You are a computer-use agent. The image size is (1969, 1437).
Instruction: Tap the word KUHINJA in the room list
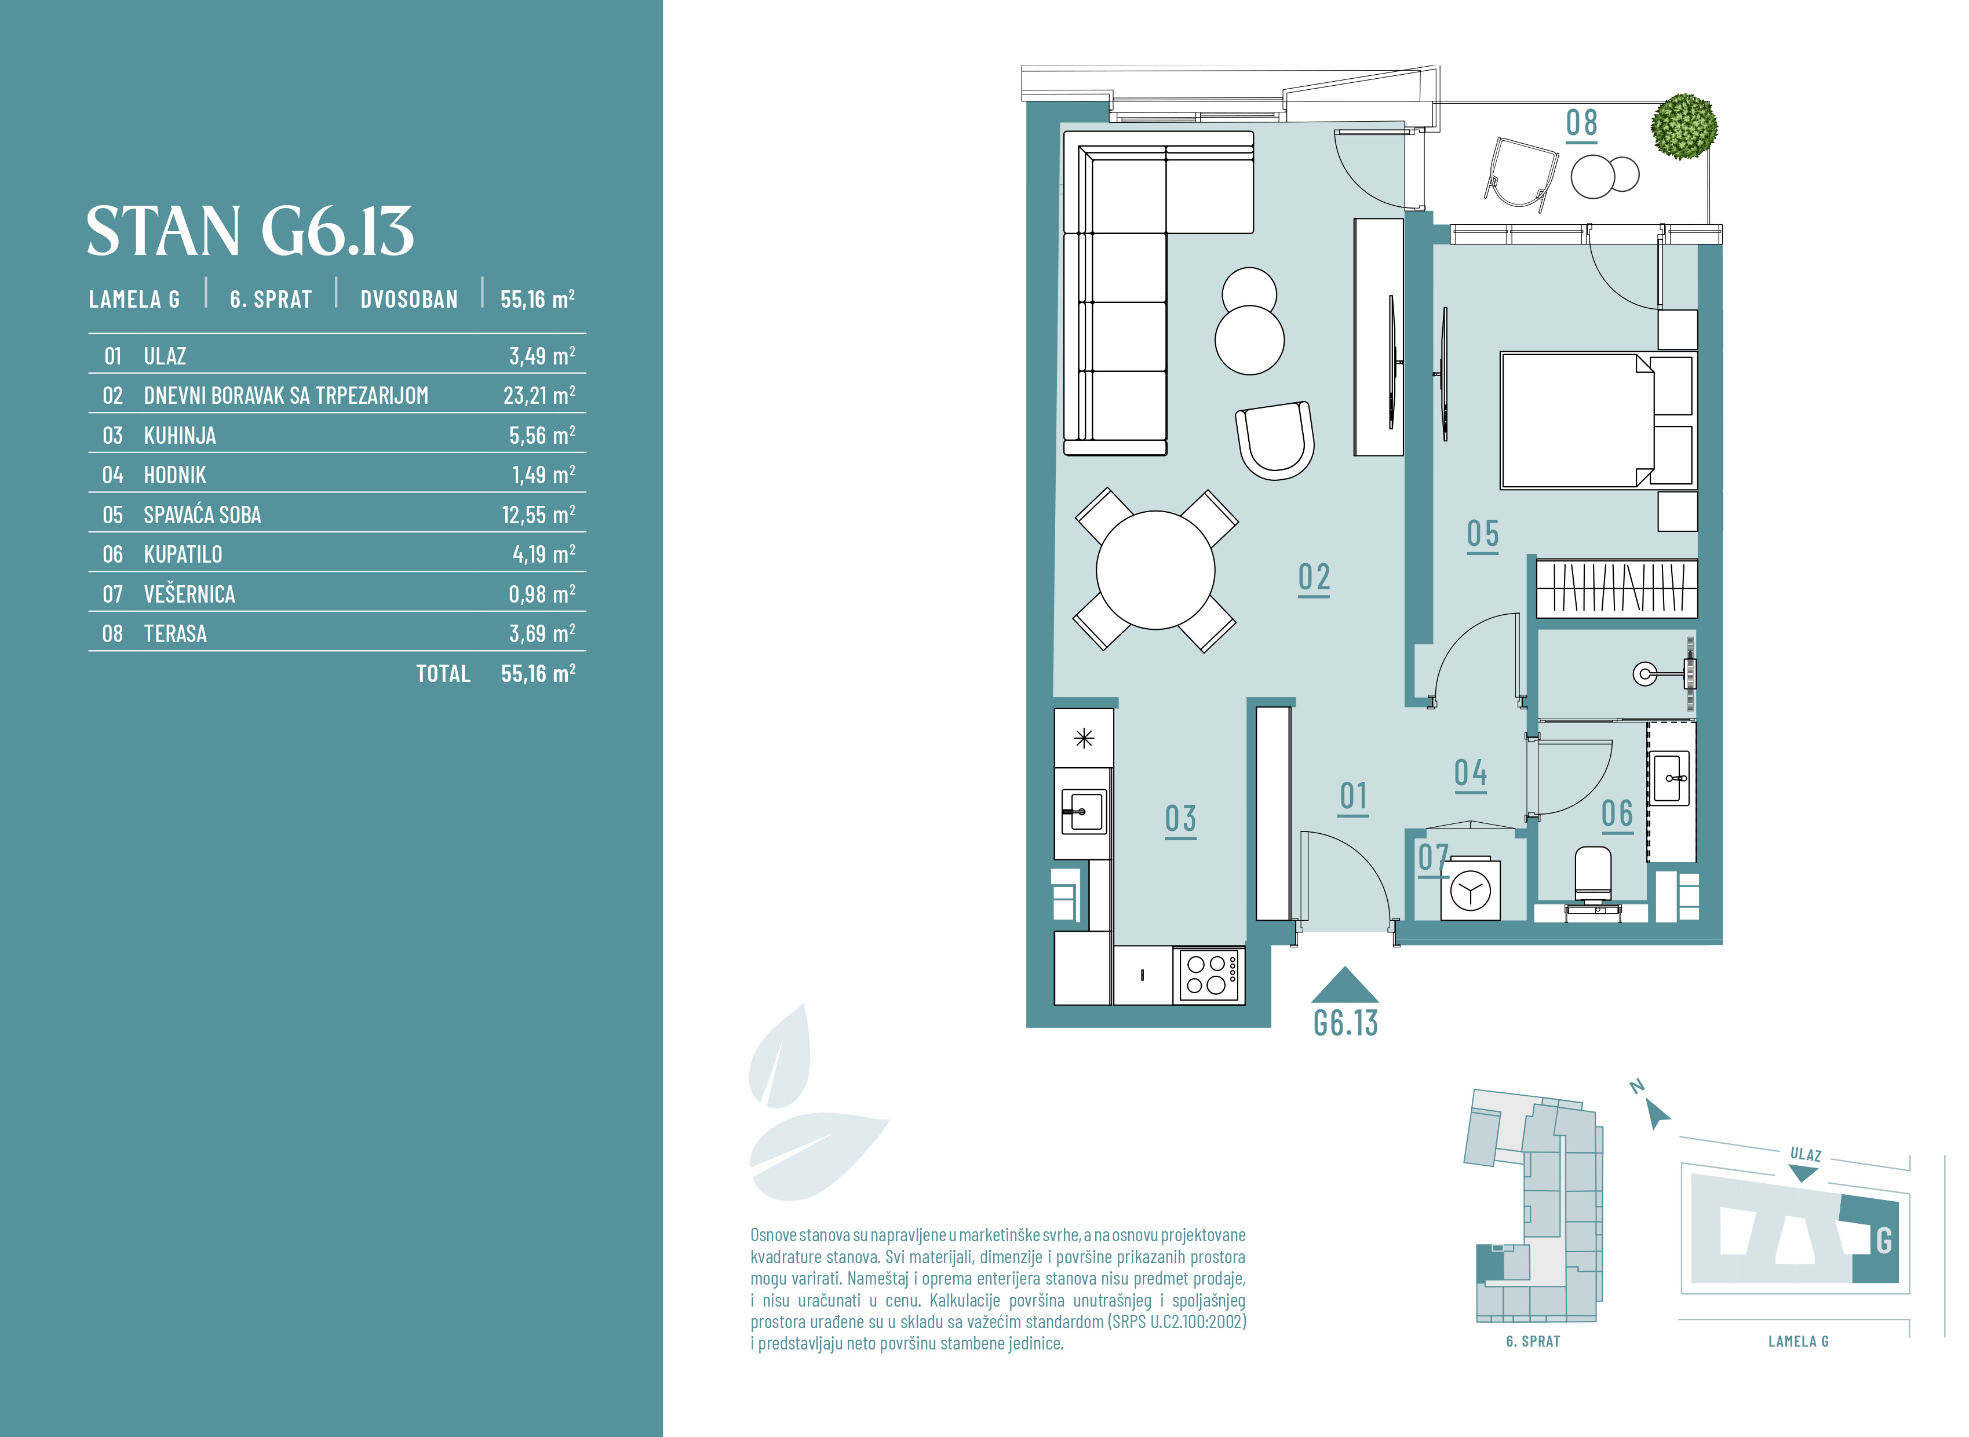(180, 436)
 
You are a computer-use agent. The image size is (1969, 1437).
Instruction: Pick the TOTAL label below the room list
(443, 674)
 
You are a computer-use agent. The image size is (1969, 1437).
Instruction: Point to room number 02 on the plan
(1314, 578)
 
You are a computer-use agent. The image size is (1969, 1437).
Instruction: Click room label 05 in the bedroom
(1483, 535)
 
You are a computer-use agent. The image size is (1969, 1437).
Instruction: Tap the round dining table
(1155, 570)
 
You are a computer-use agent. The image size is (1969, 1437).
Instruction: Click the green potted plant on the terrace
(1684, 127)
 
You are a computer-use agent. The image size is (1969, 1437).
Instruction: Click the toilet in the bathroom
(1594, 877)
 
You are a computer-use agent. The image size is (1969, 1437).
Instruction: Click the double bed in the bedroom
(1598, 420)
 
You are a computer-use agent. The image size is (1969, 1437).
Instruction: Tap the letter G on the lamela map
(1884, 1241)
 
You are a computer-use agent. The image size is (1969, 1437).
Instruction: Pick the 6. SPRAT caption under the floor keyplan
(1533, 1341)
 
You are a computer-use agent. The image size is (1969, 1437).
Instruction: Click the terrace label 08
(1582, 123)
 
